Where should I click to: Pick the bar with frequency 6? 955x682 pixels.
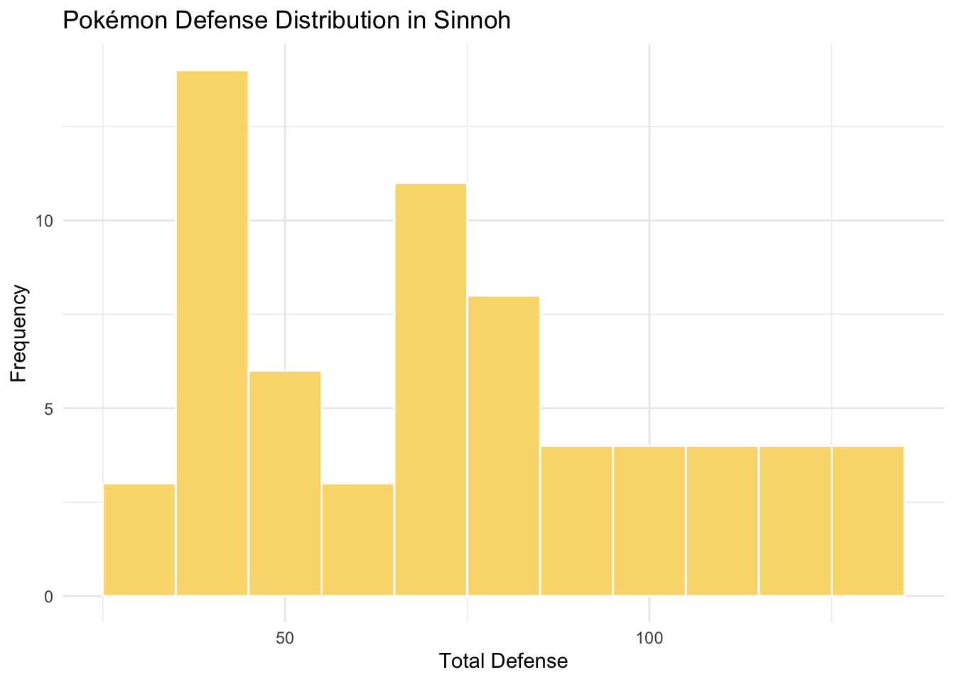pyautogui.click(x=285, y=483)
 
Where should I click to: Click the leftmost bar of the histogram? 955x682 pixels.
pyautogui.click(x=139, y=539)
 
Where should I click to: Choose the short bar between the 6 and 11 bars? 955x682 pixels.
pyautogui.click(x=357, y=539)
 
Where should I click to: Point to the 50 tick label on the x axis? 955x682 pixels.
pyautogui.click(x=285, y=637)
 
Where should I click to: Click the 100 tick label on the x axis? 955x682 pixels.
pyautogui.click(x=649, y=637)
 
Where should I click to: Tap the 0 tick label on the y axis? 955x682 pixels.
pyautogui.click(x=48, y=597)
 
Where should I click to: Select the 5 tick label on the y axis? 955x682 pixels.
pyautogui.click(x=48, y=409)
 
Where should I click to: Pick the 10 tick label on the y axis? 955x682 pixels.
pyautogui.click(x=45, y=221)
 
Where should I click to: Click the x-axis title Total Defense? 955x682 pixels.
pyautogui.click(x=503, y=661)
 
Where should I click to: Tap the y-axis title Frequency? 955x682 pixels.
pyautogui.click(x=19, y=333)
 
